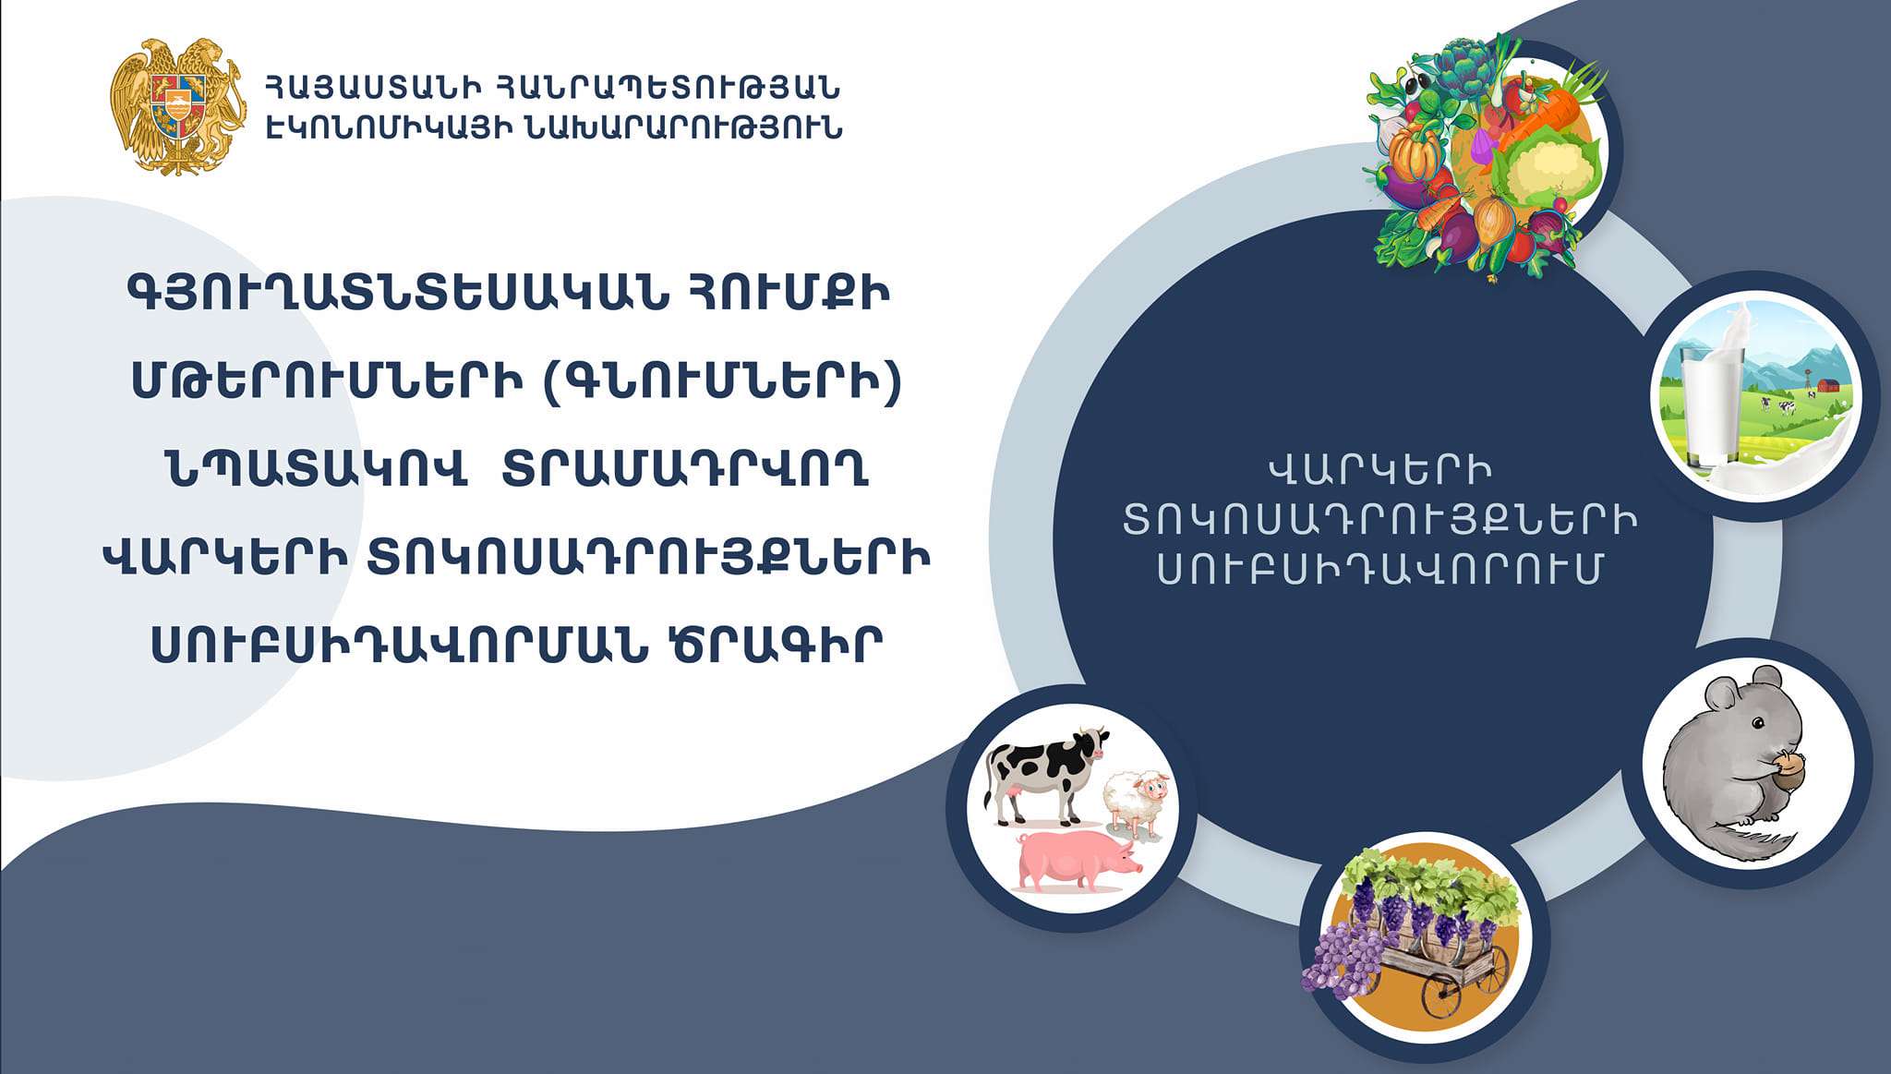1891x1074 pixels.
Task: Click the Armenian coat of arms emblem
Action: [x=178, y=106]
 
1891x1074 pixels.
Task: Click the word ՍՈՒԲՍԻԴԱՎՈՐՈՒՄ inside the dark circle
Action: [x=1379, y=570]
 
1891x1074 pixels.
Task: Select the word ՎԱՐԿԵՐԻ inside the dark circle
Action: [x=1379, y=471]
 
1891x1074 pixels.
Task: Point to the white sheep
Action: [x=1138, y=802]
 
